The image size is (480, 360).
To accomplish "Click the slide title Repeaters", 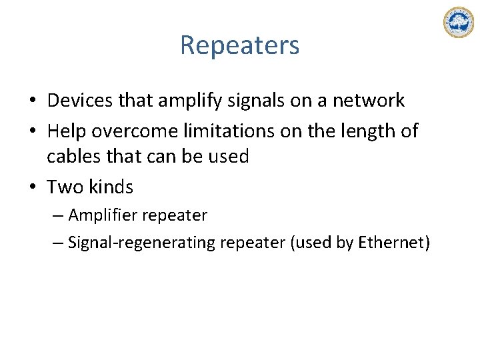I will [239, 45].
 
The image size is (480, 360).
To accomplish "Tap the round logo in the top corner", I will [458, 22].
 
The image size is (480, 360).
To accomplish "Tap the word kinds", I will [111, 187].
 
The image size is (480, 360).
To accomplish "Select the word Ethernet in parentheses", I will [389, 243].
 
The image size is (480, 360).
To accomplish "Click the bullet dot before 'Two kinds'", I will [32, 188].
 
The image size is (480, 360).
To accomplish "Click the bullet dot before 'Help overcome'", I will [32, 132].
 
